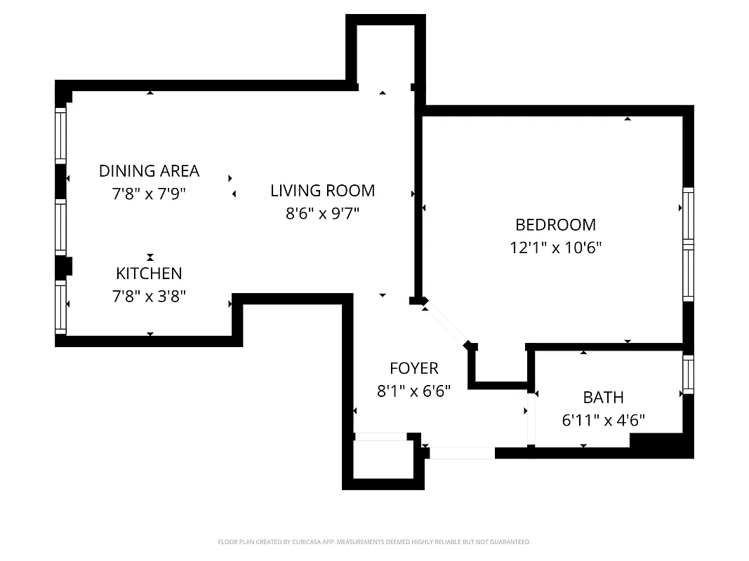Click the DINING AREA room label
point(149,170)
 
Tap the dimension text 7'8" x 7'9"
point(149,194)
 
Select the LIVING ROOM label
point(323,190)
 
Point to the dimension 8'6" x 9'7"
point(323,213)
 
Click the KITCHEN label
point(149,273)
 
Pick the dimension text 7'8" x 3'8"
point(149,297)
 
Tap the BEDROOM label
point(555,224)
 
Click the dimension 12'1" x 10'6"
point(555,248)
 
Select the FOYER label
point(414,368)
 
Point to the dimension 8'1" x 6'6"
point(414,391)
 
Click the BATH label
point(603,398)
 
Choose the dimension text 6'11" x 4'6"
point(603,421)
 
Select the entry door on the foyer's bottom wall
point(461,453)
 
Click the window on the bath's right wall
point(688,374)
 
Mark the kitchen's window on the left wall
point(61,307)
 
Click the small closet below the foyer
point(383,460)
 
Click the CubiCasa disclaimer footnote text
point(374,542)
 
